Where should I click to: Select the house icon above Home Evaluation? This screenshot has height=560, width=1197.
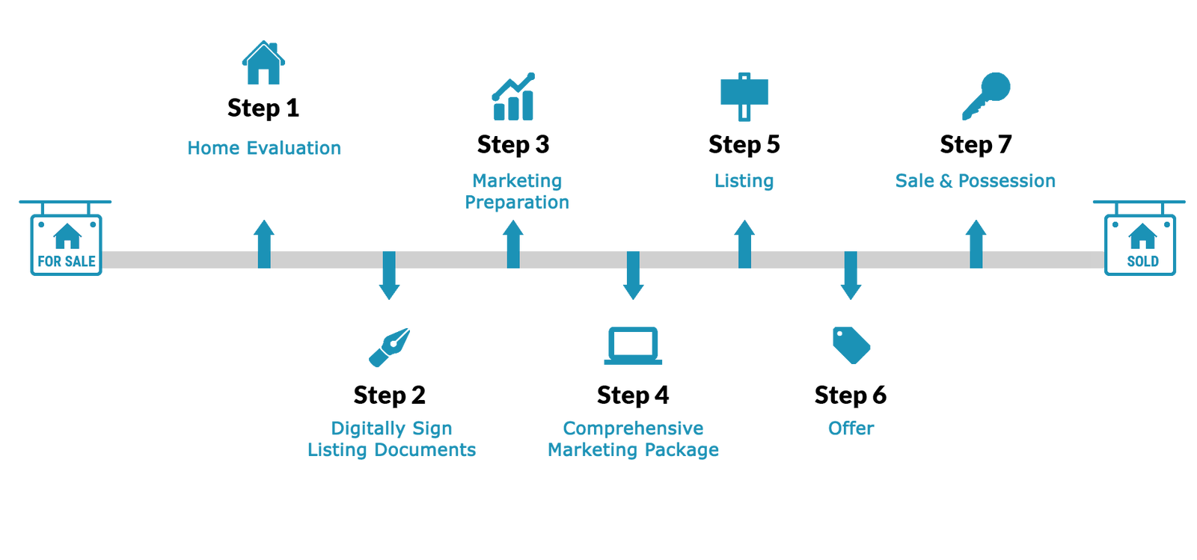pos(263,64)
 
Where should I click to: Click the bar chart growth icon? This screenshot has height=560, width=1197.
pos(513,97)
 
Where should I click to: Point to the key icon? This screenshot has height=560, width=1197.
pos(986,95)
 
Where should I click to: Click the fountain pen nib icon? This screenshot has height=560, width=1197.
pos(390,347)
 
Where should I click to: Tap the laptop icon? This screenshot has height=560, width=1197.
pos(633,346)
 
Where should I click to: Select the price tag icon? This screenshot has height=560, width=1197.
pos(851,345)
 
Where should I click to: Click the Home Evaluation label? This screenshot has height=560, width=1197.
pos(265,148)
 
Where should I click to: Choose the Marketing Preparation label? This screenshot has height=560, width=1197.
pos(518,191)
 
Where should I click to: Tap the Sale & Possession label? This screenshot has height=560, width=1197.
pos(976,181)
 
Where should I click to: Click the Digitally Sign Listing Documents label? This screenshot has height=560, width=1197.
pos(392,439)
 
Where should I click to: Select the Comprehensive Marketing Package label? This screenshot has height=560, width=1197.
pos(634,439)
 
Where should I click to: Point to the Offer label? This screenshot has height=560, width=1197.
pos(851,428)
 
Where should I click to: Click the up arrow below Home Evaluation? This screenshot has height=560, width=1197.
pos(263,243)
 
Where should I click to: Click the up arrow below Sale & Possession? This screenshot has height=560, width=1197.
pos(976,243)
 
